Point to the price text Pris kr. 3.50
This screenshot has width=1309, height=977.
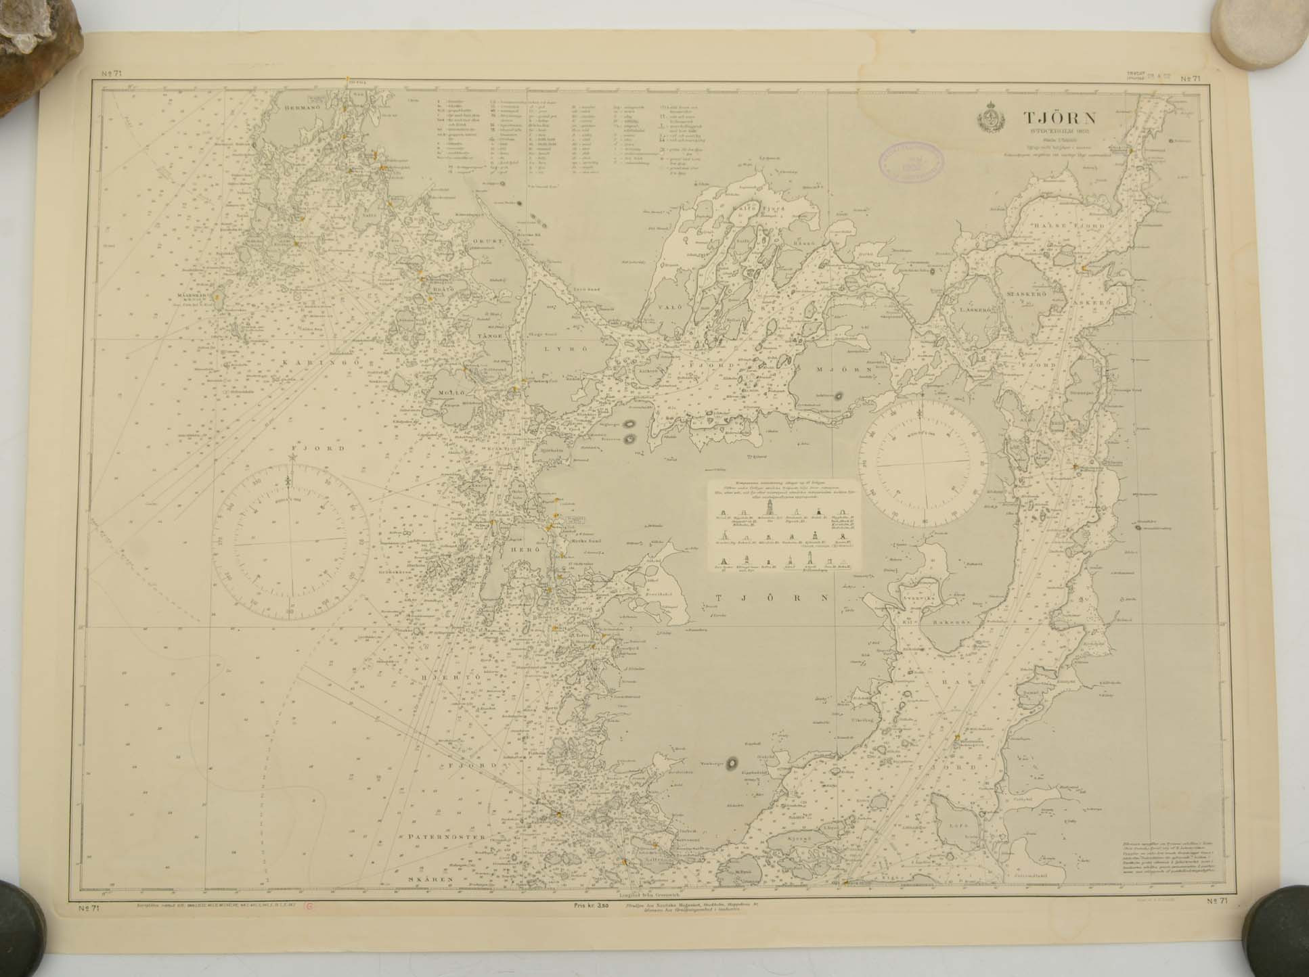pyautogui.click(x=592, y=912)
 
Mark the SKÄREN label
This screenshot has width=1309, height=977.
pyautogui.click(x=429, y=880)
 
